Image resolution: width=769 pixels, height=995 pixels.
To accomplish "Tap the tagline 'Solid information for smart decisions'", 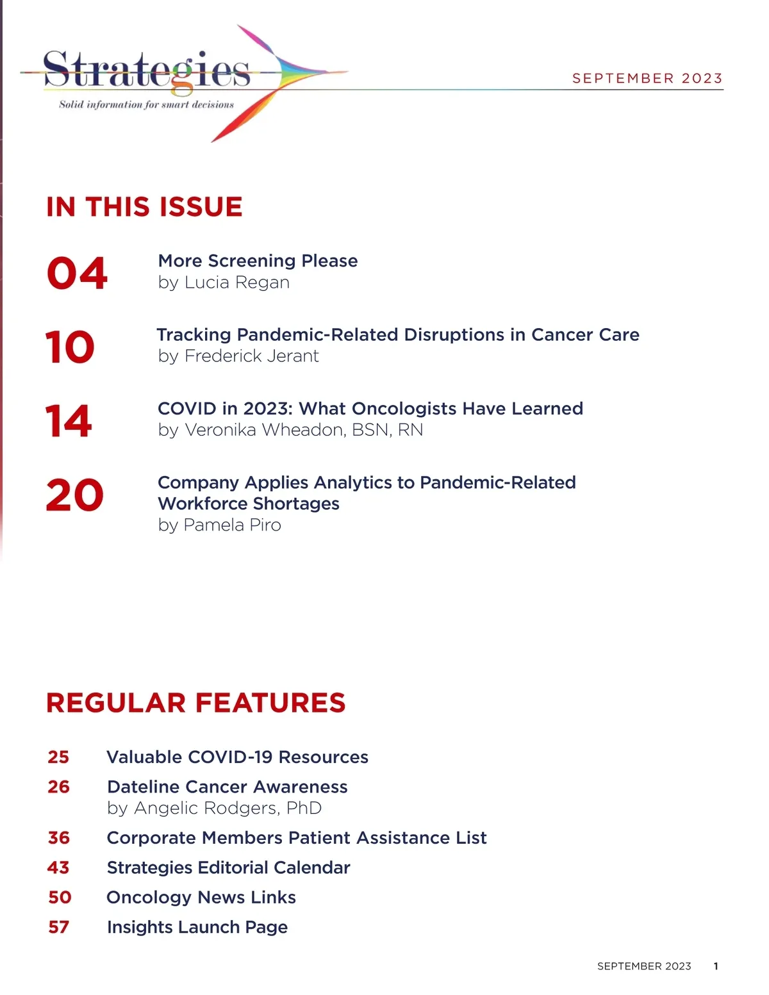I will (146, 104).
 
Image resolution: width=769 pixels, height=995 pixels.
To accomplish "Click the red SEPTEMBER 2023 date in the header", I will (647, 78).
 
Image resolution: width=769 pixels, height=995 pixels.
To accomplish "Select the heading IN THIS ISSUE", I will (144, 207).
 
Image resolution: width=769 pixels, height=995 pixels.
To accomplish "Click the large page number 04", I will (77, 274).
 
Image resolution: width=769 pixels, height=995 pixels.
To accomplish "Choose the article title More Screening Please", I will (258, 261).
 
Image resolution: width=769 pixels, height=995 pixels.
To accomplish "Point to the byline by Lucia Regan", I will (224, 283).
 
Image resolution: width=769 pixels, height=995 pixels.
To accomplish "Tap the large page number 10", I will (70, 347).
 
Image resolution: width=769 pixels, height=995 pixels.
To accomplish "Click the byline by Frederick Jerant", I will (238, 356).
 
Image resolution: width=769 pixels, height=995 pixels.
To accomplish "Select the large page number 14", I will (69, 421).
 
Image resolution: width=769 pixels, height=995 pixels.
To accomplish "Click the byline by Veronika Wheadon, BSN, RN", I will (290, 430).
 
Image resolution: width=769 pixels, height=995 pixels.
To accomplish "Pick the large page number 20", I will (74, 495).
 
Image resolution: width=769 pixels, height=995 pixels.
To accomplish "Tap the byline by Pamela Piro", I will (219, 525).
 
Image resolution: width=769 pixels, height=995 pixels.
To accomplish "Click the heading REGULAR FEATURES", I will (195, 703).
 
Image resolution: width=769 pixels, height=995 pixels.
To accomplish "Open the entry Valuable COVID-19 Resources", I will (237, 757).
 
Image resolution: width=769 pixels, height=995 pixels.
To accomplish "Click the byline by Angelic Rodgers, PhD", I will (214, 809).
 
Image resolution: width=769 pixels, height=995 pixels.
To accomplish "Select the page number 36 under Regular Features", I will (59, 838).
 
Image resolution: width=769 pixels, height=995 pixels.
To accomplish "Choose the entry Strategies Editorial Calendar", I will (228, 868).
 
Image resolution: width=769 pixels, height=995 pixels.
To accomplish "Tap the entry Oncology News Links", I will (201, 898).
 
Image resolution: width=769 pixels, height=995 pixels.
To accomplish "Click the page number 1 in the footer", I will (716, 966).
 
